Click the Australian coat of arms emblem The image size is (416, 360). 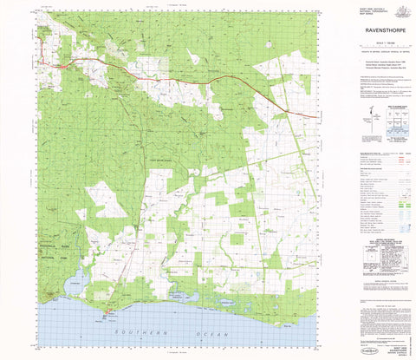tap(400, 10)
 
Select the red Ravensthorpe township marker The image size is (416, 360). tap(65, 66)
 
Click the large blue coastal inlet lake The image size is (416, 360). tap(75, 279)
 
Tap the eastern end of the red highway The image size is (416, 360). tap(315, 116)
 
